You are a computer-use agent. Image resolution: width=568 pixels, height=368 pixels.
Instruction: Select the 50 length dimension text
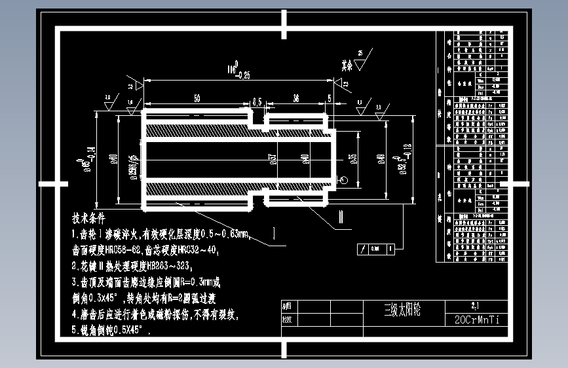[197, 98]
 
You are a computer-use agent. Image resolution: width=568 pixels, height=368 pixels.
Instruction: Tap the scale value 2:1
[476, 305]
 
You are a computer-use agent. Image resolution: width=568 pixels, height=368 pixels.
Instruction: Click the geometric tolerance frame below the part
[375, 249]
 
